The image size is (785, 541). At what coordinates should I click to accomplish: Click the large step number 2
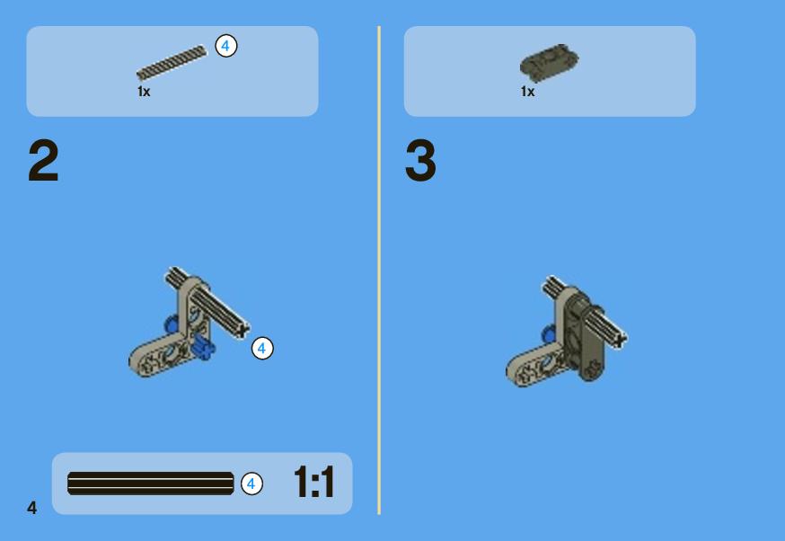point(43,160)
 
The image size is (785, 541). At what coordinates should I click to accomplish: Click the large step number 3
point(420,160)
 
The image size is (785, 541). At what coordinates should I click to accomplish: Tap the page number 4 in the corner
point(32,508)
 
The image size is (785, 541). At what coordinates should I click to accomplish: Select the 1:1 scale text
point(313,483)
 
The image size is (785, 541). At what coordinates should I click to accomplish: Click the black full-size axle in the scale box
point(151,483)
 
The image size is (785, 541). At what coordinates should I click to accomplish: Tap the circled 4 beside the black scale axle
point(251,483)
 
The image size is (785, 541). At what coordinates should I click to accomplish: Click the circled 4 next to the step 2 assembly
point(262,348)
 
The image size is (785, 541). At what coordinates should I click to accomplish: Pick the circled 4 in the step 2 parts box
point(225,46)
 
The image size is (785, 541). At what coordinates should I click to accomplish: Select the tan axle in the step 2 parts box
point(172,63)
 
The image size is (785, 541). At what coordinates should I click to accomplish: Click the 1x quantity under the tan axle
point(144,92)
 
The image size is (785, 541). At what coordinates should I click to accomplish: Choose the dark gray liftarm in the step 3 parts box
point(549,62)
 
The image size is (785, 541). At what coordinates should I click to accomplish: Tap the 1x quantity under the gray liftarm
point(527,92)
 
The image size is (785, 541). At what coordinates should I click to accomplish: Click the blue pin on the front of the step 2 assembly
point(204,347)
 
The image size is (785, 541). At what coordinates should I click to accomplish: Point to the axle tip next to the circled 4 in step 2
point(243,331)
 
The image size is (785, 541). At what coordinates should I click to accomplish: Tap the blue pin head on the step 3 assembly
point(549,333)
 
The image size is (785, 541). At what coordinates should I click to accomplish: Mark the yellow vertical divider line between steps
point(379,270)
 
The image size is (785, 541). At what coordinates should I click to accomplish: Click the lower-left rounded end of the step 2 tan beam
point(137,361)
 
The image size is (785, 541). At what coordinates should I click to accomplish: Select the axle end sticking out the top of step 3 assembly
point(551,285)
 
